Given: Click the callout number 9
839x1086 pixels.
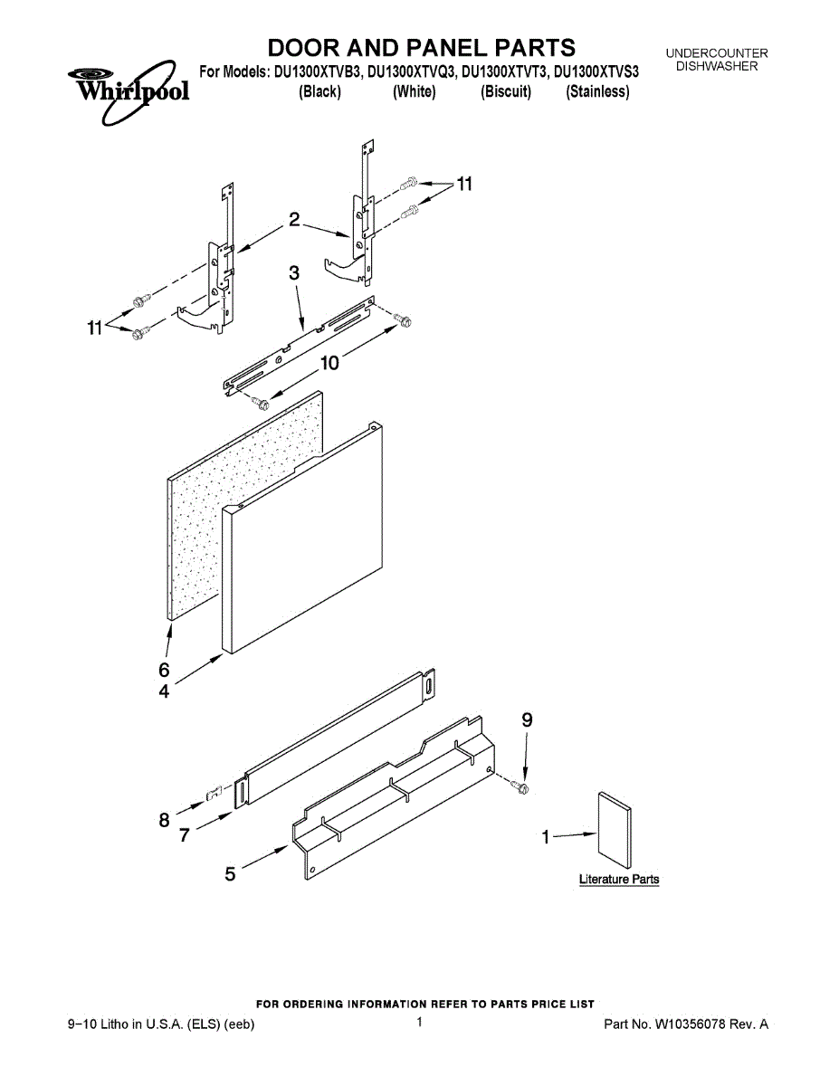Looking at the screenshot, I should point(527,720).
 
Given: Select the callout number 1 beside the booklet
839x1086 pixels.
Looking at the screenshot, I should point(546,838).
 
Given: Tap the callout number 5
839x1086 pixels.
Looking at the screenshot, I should point(230,873).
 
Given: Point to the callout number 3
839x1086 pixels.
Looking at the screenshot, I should point(294,272).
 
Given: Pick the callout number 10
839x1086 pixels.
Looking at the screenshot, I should point(329,363).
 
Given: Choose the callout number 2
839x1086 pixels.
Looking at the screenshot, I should point(294,218).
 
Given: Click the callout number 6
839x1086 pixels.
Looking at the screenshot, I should point(164,671).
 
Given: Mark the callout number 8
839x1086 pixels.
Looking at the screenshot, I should point(164,820).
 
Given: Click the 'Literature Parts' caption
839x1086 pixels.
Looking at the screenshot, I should point(619,880).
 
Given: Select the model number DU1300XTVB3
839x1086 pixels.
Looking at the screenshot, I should point(316,71).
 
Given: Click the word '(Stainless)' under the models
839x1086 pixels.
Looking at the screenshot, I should point(597,91).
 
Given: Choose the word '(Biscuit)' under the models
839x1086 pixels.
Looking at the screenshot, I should point(506,91).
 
